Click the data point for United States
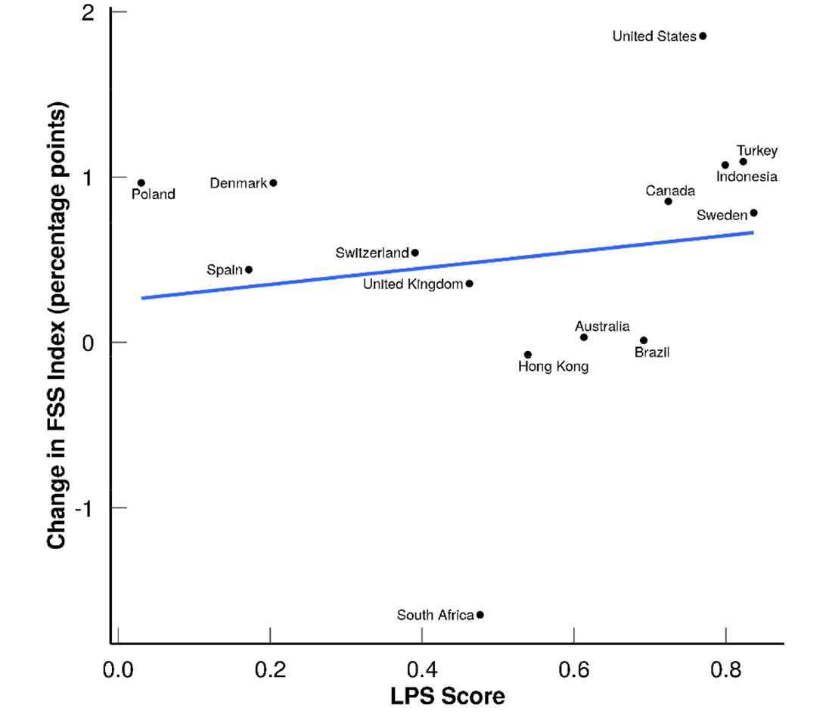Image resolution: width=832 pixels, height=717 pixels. (703, 36)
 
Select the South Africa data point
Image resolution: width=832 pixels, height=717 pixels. (480, 615)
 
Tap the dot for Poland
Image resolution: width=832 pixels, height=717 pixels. (141, 183)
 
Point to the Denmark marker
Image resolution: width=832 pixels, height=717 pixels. (273, 183)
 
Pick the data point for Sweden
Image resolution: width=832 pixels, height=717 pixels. (753, 213)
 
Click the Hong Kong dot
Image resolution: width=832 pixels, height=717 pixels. (528, 355)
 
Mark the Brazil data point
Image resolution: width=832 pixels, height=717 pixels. (644, 340)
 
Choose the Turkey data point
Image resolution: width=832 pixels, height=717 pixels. (743, 162)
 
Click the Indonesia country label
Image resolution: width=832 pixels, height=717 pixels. (747, 177)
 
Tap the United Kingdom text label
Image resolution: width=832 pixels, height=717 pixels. (412, 284)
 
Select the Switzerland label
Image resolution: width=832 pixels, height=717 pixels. (371, 253)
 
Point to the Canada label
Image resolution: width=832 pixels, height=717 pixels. (670, 191)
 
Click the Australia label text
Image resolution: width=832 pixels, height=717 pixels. (602, 327)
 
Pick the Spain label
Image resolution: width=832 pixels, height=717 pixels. (225, 270)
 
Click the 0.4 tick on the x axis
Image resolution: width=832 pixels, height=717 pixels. (421, 669)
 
